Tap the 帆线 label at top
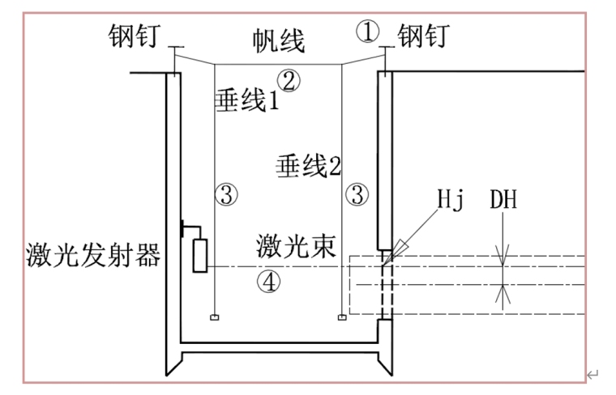tap(279, 40)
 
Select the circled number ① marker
tap(368, 32)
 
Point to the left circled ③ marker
tap(227, 193)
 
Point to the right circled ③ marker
tap(357, 193)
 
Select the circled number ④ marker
tap(267, 282)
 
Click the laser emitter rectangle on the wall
tap(199, 254)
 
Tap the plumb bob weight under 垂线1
tap(213, 316)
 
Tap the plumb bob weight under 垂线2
tap(342, 316)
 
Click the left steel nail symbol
tap(174, 57)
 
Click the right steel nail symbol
tap(385, 57)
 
